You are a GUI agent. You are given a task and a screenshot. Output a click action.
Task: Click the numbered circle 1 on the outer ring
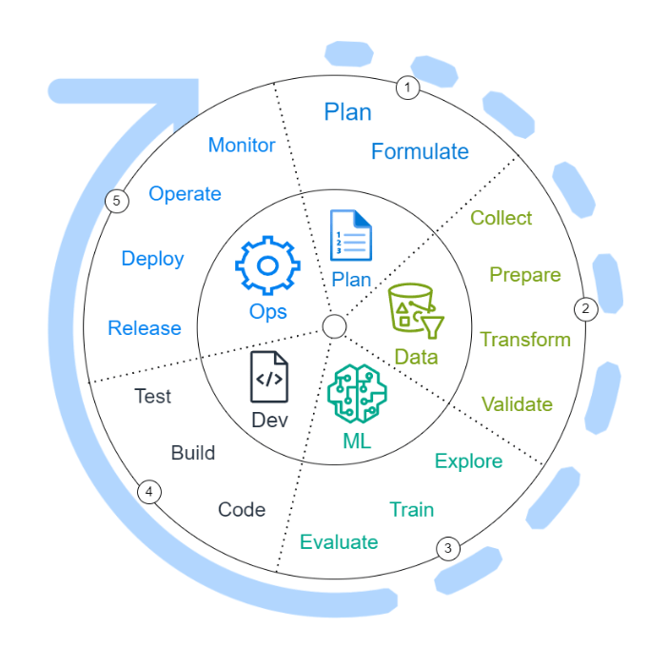click(x=408, y=88)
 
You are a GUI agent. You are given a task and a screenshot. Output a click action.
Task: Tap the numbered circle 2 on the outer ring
click(x=585, y=308)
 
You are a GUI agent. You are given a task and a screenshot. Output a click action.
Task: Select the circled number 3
click(x=448, y=548)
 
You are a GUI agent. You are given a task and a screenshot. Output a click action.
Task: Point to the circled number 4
click(x=148, y=492)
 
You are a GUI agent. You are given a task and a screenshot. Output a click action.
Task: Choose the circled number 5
click(x=116, y=201)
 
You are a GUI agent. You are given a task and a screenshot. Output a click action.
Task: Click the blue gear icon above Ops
click(x=267, y=266)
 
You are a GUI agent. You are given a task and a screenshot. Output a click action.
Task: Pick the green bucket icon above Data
click(x=416, y=316)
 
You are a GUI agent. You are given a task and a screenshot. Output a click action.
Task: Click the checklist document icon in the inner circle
click(x=350, y=235)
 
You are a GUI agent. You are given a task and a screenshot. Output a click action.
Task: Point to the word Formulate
click(x=420, y=151)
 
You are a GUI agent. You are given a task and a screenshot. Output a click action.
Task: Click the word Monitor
click(x=242, y=146)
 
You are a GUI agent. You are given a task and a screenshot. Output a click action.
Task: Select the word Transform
click(x=525, y=340)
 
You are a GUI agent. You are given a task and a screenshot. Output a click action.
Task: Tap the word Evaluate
click(x=339, y=542)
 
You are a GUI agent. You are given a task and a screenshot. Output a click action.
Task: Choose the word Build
click(x=193, y=453)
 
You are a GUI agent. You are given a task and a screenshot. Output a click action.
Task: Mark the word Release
click(x=144, y=328)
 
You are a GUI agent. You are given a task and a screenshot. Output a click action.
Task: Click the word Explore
click(x=468, y=461)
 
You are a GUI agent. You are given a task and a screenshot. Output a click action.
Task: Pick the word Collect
click(x=501, y=218)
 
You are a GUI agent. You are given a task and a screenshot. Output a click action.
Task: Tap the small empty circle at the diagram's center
click(x=334, y=327)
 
